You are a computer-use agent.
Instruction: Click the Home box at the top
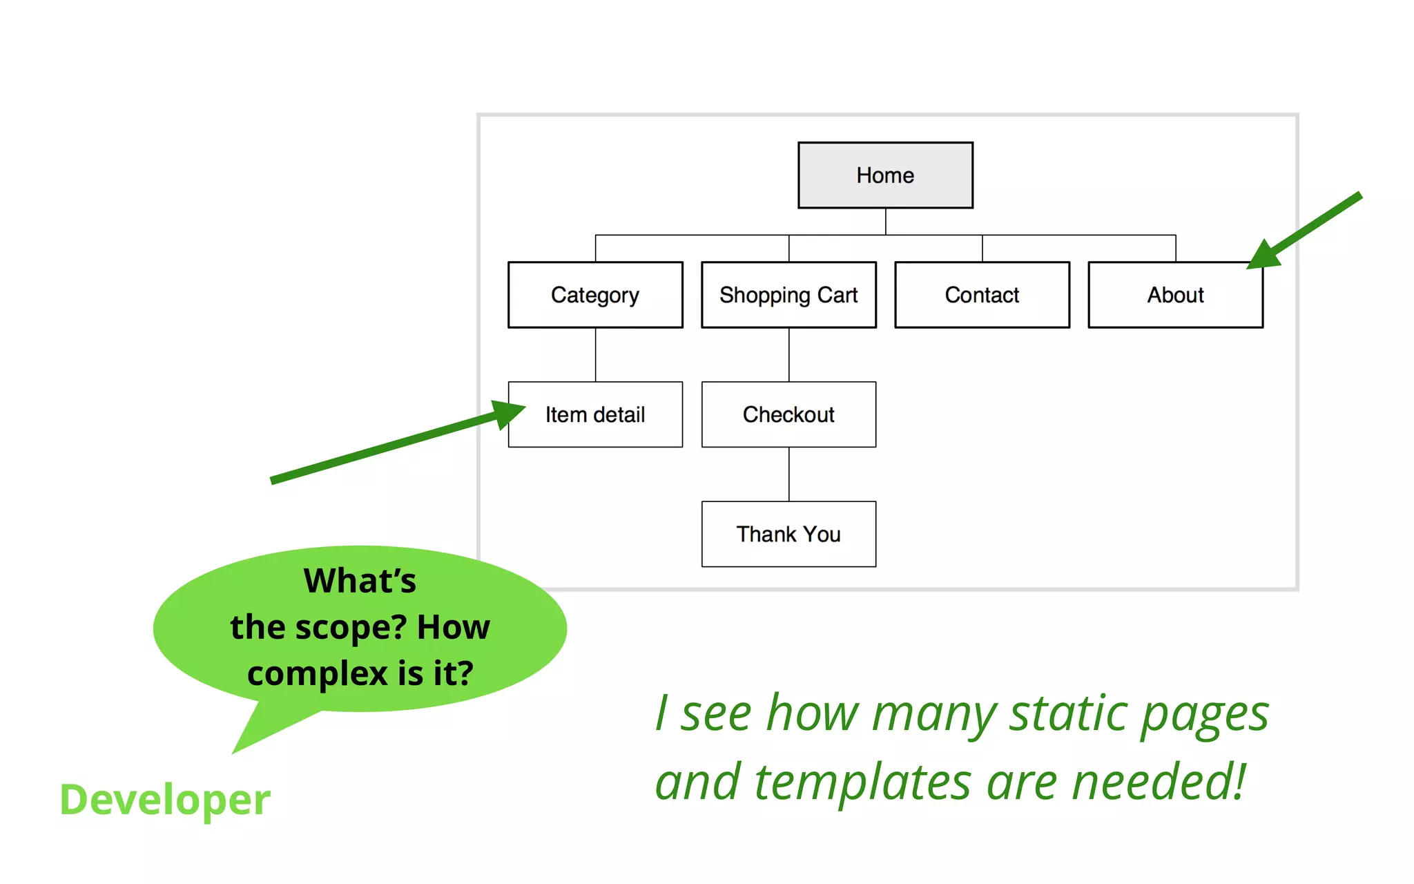(x=885, y=175)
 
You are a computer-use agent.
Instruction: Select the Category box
(x=595, y=295)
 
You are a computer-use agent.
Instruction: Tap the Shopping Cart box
(x=788, y=295)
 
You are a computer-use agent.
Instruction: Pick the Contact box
(x=982, y=295)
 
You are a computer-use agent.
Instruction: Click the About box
(x=1175, y=295)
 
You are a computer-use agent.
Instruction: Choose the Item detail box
(x=595, y=414)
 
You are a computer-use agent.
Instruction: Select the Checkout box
(x=788, y=414)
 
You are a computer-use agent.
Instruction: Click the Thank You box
(x=788, y=534)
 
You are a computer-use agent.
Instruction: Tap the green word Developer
(x=165, y=800)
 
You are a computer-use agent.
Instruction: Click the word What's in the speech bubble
(x=360, y=581)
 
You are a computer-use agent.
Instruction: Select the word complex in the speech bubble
(x=318, y=673)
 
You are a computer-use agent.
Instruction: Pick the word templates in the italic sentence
(x=863, y=783)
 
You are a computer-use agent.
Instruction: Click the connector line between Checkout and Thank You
(x=788, y=474)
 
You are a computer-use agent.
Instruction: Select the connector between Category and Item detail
(x=595, y=354)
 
